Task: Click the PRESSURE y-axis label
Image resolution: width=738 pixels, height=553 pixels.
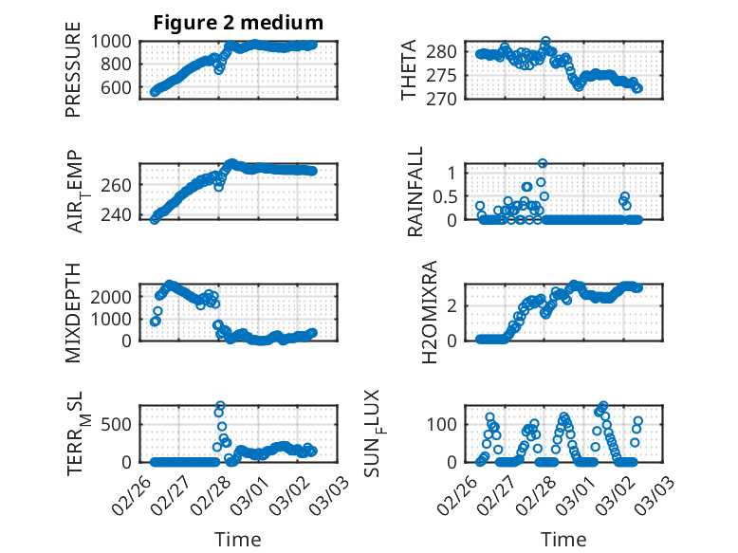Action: click(73, 76)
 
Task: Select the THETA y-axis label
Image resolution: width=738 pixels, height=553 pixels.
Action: click(409, 70)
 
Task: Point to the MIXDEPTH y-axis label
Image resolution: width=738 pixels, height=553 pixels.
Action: click(73, 312)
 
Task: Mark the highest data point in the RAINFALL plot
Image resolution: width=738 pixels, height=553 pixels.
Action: click(543, 163)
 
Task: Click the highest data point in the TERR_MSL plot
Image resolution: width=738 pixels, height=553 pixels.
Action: click(220, 406)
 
